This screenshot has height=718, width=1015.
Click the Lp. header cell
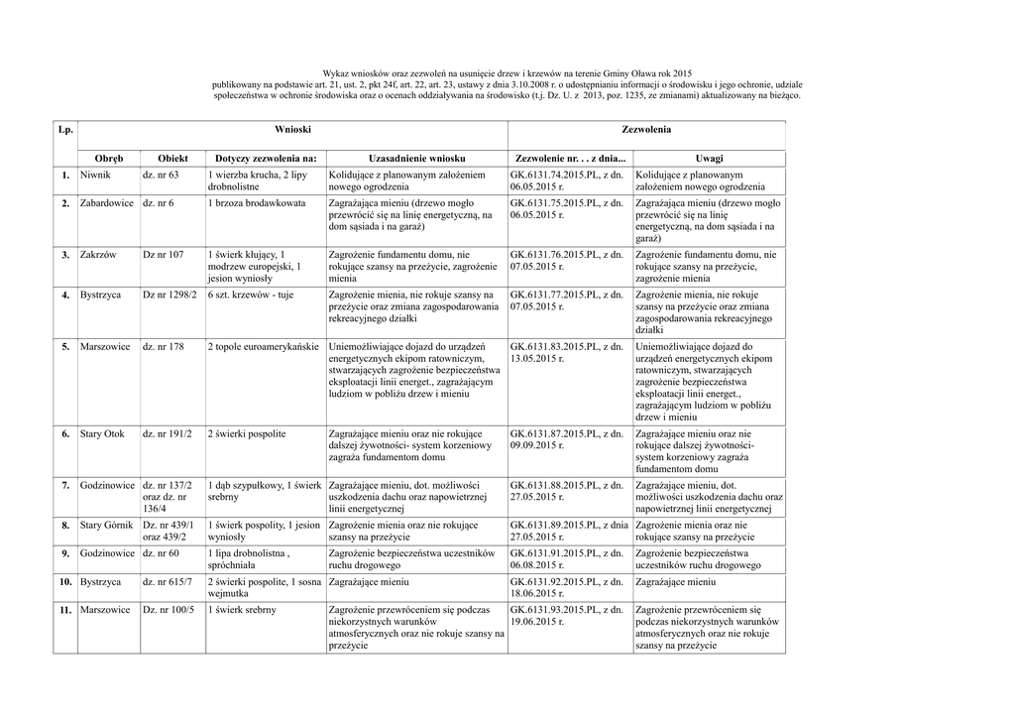tap(66, 130)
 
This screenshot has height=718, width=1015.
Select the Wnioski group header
tap(292, 130)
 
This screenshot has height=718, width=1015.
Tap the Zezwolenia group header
tap(646, 130)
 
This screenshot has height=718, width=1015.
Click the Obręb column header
tap(109, 159)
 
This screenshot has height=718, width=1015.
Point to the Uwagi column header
tap(709, 159)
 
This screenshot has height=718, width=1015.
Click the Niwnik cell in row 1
tap(96, 175)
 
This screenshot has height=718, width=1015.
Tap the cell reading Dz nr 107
tap(164, 255)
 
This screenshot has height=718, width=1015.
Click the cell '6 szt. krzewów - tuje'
tap(251, 296)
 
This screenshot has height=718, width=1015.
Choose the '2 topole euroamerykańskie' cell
tap(264, 347)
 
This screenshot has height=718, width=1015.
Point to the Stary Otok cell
tap(102, 434)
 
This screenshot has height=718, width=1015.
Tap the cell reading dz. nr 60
tap(161, 552)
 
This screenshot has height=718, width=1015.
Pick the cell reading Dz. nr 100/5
tap(169, 609)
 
